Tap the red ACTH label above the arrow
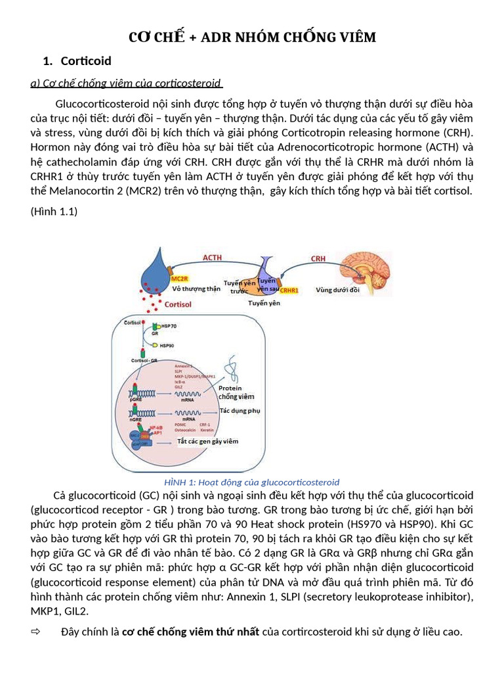click(x=212, y=258)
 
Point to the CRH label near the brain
click(x=318, y=259)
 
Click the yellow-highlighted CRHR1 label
click(x=289, y=289)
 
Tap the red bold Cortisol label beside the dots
click(x=178, y=305)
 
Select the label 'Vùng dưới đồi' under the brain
click(x=337, y=289)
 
